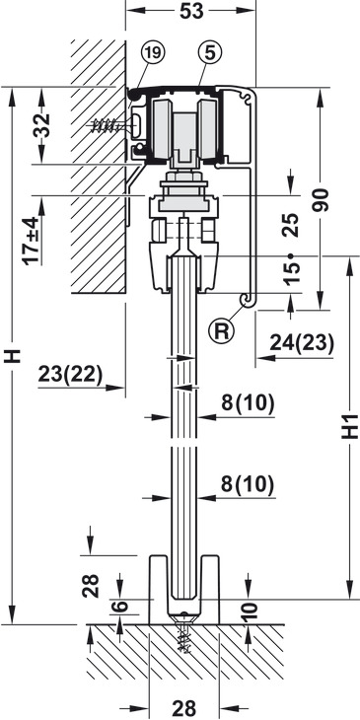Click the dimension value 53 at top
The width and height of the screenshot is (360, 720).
(x=191, y=11)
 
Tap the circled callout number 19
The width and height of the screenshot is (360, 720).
(x=153, y=53)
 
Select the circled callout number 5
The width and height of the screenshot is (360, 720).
(x=210, y=53)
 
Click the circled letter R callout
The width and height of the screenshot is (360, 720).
(x=221, y=331)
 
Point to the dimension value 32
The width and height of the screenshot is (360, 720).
(x=42, y=125)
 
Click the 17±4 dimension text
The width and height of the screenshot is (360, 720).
(x=33, y=241)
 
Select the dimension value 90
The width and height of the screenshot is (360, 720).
(x=321, y=200)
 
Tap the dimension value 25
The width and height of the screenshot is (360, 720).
(x=291, y=225)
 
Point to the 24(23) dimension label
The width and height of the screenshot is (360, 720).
(x=301, y=342)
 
